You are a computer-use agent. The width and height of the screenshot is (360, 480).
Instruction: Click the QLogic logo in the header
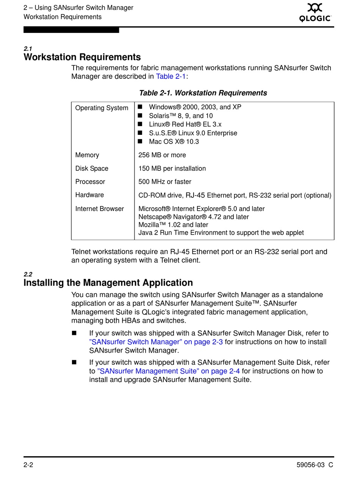(x=315, y=13)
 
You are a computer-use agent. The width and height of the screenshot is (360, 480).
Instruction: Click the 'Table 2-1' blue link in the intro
(x=171, y=77)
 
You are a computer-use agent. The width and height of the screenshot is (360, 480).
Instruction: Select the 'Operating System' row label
(x=102, y=108)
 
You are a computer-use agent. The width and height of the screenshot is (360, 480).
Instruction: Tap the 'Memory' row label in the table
(x=87, y=155)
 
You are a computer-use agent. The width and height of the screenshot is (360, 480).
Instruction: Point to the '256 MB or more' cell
(x=162, y=155)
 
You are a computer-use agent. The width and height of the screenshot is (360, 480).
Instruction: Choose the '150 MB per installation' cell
(x=172, y=169)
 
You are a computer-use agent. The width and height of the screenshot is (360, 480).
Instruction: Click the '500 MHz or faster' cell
(x=165, y=182)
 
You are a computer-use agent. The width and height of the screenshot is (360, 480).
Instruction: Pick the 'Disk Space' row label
(x=92, y=169)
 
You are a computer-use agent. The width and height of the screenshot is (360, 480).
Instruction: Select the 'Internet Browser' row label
(x=100, y=209)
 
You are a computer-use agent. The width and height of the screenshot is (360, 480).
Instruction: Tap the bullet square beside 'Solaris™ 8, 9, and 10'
(x=140, y=116)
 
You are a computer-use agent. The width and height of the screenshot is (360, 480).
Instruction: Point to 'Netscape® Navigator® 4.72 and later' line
(x=194, y=217)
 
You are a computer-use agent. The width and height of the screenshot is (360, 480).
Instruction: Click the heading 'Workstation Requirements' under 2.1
(x=82, y=57)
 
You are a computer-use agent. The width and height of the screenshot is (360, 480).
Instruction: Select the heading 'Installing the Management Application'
(x=108, y=283)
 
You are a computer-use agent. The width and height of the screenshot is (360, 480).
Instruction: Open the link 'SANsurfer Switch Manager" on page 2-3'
(x=156, y=342)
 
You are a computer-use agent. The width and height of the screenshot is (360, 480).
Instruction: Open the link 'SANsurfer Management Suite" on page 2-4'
(x=169, y=371)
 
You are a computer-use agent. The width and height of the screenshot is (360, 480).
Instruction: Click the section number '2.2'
(x=28, y=274)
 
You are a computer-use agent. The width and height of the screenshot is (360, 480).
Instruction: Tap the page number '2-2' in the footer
(x=28, y=465)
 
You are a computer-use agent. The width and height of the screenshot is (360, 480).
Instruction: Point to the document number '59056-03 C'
(x=315, y=465)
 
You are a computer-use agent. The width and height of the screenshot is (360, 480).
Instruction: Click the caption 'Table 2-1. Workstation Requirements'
(x=203, y=93)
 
